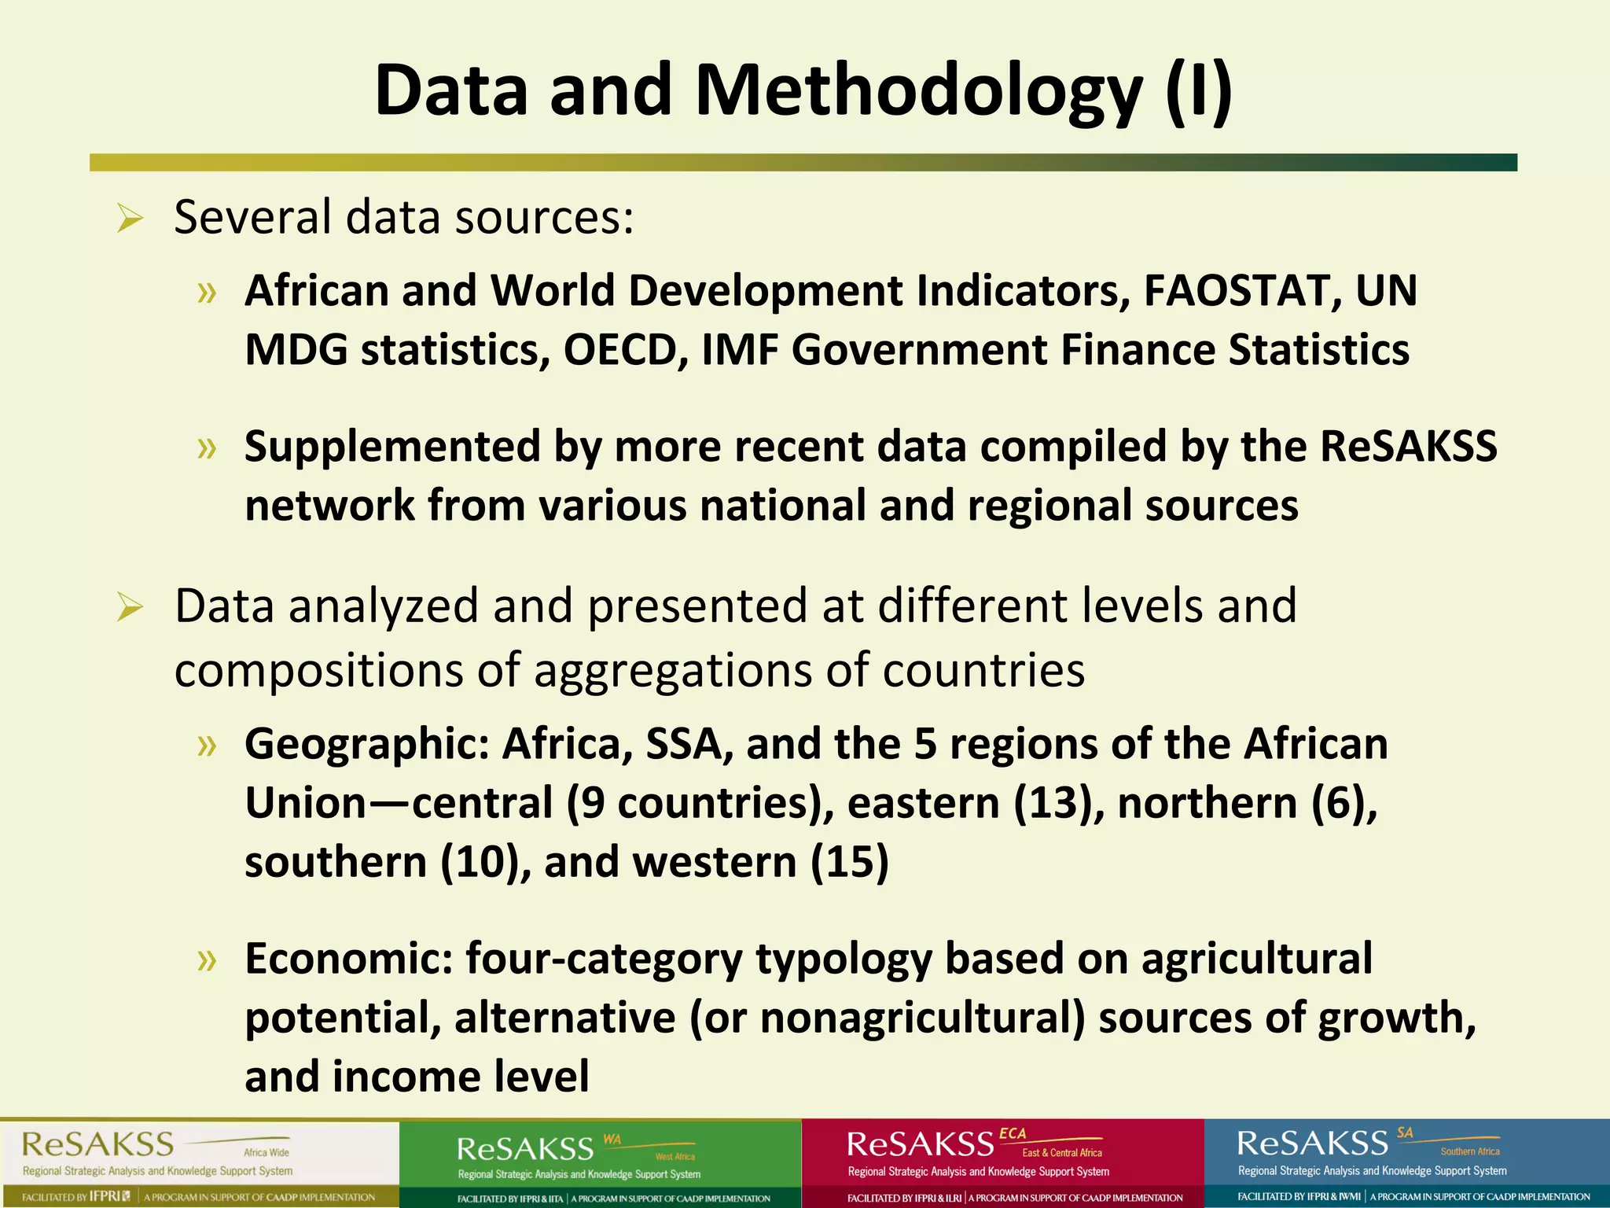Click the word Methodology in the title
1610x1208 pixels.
[917, 91]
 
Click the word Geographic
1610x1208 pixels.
[367, 744]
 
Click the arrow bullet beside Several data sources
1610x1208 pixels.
[130, 219]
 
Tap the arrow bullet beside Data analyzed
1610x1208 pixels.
[130, 607]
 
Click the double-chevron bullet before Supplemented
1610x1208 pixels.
[207, 448]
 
